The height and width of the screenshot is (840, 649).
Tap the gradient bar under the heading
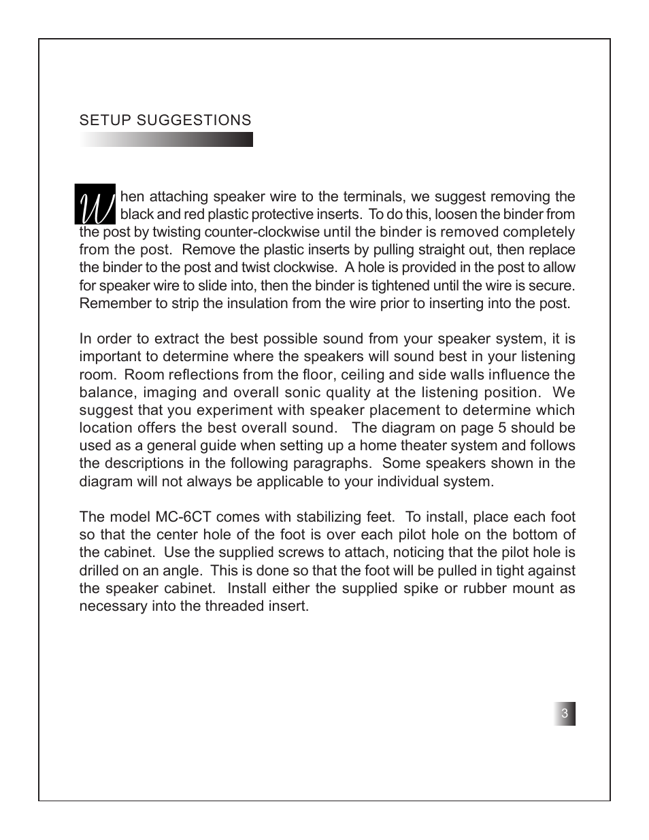point(166,139)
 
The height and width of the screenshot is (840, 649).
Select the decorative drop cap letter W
point(95,204)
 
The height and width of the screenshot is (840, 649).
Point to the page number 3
point(564,713)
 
